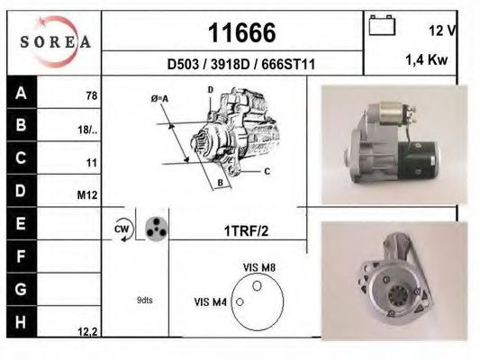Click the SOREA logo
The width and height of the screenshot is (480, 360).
(55, 40)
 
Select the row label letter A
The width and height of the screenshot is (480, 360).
(21, 94)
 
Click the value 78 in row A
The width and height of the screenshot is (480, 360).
(91, 95)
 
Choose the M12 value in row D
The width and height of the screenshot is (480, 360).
(88, 193)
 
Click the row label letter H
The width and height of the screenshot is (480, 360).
(21, 321)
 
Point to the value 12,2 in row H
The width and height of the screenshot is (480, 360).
(87, 331)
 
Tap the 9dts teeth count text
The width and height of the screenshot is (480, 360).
(144, 300)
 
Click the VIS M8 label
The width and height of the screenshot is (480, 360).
(259, 267)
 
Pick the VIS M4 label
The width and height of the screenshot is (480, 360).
(211, 301)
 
